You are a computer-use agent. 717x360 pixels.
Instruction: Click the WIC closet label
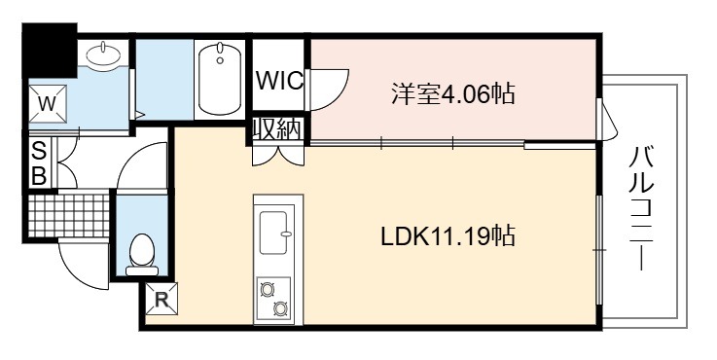(x=279, y=81)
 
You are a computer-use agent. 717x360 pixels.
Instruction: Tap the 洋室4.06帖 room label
(x=452, y=93)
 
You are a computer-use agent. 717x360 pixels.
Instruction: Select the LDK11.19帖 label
(x=448, y=236)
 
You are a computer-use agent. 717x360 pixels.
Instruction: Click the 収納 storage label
(x=277, y=129)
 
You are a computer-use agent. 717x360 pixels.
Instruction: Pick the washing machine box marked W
(x=48, y=104)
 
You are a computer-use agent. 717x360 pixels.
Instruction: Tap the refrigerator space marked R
(x=161, y=299)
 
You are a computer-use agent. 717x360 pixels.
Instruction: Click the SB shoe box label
(x=39, y=163)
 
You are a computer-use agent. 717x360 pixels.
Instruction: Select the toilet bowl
(x=142, y=254)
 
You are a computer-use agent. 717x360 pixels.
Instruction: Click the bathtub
(x=220, y=79)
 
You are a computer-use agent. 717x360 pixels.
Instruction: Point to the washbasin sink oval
(x=104, y=55)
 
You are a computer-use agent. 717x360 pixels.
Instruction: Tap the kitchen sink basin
(x=274, y=233)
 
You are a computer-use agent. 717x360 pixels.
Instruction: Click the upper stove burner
(x=266, y=289)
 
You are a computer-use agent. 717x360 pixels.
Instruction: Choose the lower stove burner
(x=279, y=309)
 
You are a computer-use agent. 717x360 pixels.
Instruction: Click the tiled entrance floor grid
(x=68, y=215)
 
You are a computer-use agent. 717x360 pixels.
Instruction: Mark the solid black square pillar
(x=50, y=50)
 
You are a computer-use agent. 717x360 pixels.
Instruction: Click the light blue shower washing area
(x=164, y=79)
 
